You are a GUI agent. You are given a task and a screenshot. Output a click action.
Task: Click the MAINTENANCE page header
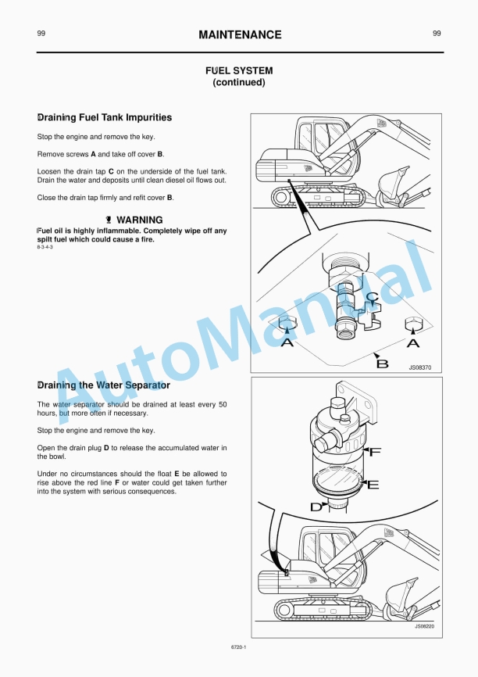(x=240, y=34)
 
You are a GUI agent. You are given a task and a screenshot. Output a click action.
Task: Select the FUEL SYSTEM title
(x=239, y=70)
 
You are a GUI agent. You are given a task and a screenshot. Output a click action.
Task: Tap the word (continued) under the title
(x=239, y=82)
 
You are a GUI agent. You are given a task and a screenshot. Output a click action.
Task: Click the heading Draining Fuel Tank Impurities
(x=105, y=118)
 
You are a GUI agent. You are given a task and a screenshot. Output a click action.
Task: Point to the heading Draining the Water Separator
(x=104, y=385)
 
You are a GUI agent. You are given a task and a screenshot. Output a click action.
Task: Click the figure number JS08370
(x=419, y=365)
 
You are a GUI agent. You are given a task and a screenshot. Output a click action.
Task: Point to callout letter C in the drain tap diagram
(x=373, y=296)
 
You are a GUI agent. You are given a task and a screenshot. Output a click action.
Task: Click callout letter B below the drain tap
(x=383, y=363)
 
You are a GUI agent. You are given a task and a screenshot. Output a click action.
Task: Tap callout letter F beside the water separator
(x=375, y=452)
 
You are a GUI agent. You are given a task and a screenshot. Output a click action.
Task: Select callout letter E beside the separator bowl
(x=373, y=485)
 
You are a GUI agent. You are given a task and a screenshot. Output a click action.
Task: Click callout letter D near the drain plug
(x=316, y=507)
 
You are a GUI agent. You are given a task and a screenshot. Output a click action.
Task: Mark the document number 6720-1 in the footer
(x=239, y=647)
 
